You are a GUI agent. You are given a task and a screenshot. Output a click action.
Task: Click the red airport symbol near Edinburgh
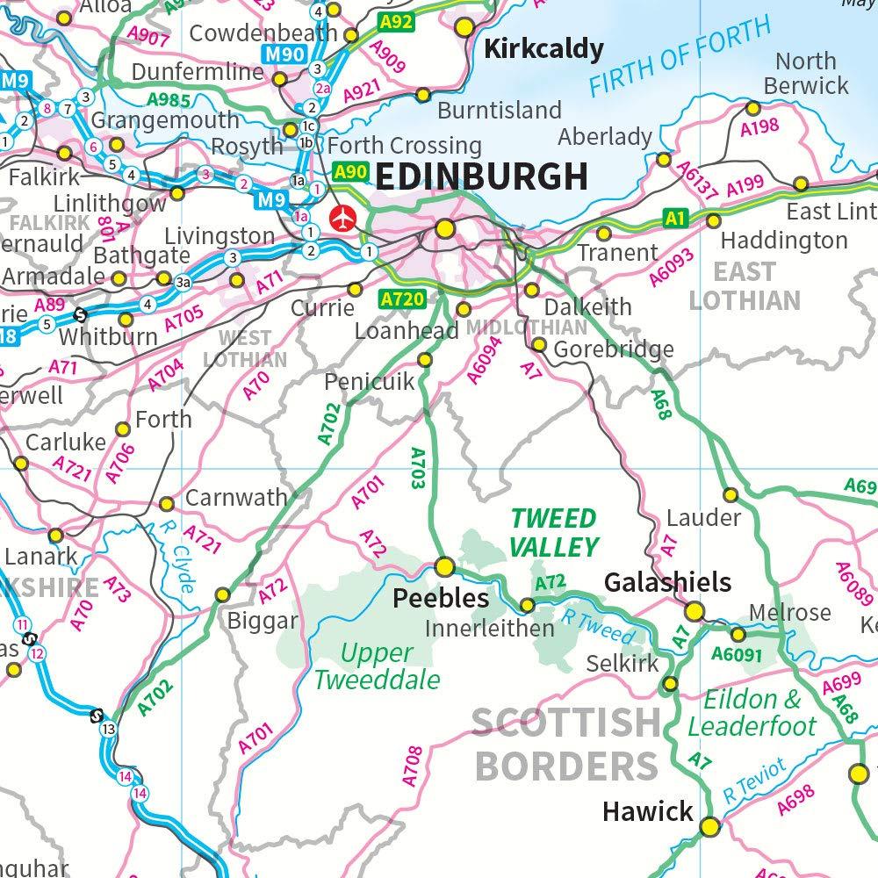click(341, 216)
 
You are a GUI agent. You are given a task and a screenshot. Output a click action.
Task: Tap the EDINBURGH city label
click(481, 176)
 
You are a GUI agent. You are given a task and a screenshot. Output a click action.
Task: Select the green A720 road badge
click(403, 300)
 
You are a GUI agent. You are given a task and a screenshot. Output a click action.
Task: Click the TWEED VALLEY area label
click(554, 532)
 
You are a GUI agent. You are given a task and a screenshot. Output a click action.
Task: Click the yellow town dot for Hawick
click(709, 826)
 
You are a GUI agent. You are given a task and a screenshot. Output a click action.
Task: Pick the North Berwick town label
click(805, 73)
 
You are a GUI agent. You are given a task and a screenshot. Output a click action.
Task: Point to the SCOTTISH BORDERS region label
click(566, 745)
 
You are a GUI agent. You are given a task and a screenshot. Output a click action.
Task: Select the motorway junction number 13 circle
click(109, 730)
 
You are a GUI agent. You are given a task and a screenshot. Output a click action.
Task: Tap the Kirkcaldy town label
click(543, 49)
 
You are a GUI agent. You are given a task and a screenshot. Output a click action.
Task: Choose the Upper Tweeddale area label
click(377, 666)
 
